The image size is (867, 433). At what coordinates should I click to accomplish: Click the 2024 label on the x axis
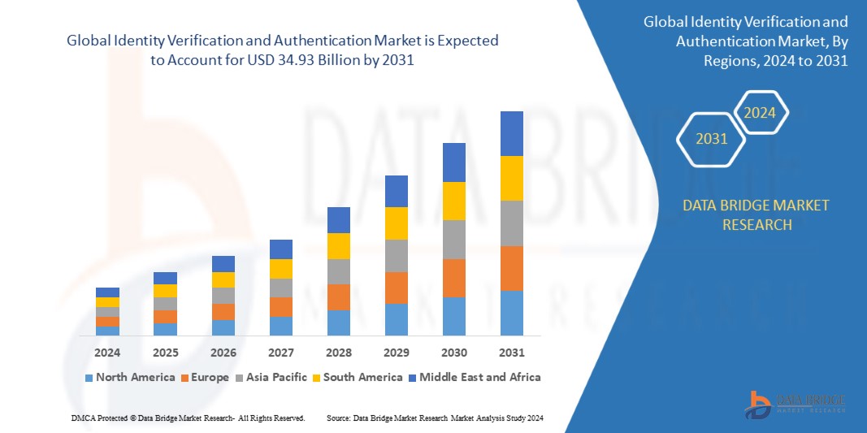[x=107, y=353]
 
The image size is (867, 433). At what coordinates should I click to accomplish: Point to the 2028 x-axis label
[x=338, y=353]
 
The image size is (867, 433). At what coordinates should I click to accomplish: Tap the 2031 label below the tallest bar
[x=511, y=353]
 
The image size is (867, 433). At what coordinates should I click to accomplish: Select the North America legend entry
[x=130, y=377]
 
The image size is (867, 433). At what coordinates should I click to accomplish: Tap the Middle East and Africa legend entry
[x=475, y=377]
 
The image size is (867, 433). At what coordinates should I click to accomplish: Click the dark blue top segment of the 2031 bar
[x=511, y=133]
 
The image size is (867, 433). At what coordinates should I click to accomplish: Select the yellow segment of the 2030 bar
[x=453, y=201]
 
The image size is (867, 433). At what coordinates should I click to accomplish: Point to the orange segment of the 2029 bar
[x=396, y=288]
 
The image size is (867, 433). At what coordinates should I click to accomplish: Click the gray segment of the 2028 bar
[x=338, y=271]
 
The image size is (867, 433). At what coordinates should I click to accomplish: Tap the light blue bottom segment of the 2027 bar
[x=280, y=326]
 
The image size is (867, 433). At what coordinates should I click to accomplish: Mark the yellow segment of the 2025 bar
[x=165, y=291]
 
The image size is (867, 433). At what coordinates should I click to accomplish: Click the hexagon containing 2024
[x=761, y=113]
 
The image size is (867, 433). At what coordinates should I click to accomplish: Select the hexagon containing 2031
[x=712, y=139]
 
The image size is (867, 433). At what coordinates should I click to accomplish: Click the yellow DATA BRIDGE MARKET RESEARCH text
[x=756, y=214]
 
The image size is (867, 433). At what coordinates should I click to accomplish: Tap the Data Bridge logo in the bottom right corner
[x=795, y=404]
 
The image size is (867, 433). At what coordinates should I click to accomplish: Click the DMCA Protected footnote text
[x=188, y=418]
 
